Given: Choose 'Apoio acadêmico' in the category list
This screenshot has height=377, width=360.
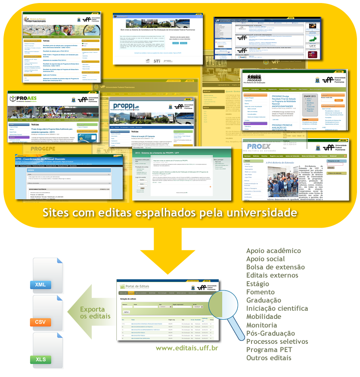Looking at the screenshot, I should click(273, 251).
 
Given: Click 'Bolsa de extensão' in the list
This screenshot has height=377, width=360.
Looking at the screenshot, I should click(275, 267).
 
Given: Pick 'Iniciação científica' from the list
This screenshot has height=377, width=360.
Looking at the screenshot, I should click(277, 308).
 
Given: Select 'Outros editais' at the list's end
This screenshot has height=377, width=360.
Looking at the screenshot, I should click(269, 358).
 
